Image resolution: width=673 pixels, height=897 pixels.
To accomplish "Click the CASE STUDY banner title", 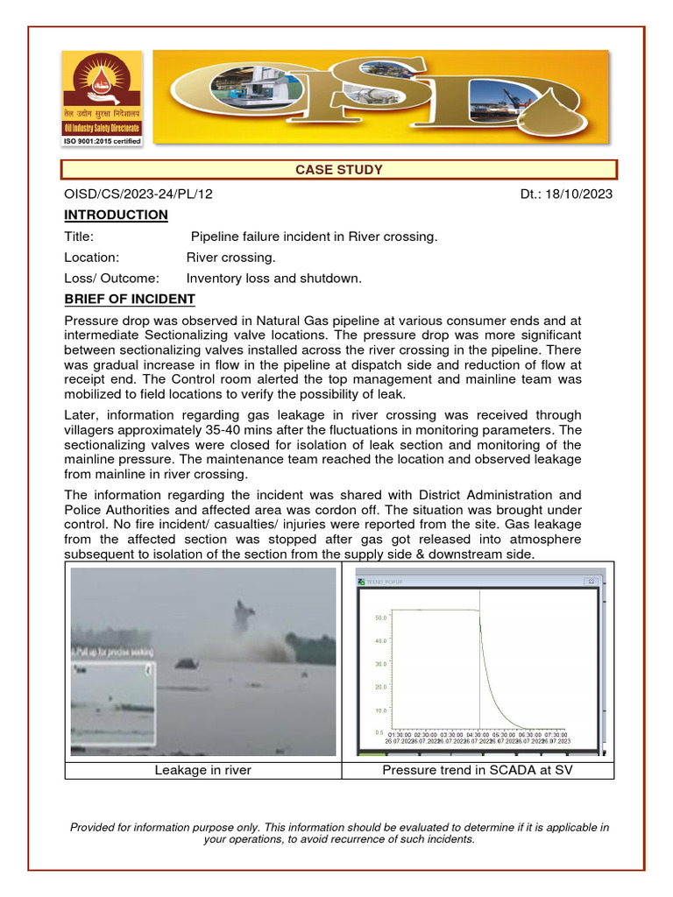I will [x=338, y=170].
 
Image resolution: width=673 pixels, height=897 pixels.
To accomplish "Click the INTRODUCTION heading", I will [x=116, y=215].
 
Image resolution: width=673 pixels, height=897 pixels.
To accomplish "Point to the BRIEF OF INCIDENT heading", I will [x=129, y=300].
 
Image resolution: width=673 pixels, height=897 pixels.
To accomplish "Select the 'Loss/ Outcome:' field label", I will [x=111, y=279].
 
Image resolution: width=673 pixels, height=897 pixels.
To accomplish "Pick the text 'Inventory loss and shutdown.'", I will [x=273, y=279].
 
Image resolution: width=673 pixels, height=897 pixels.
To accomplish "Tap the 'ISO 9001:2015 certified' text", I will [x=105, y=141].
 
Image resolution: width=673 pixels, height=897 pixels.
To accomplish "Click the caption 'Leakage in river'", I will [x=202, y=770].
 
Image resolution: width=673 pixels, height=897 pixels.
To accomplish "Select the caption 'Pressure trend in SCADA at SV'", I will [x=478, y=770].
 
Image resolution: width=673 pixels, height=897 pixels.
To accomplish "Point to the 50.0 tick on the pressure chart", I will [x=380, y=618].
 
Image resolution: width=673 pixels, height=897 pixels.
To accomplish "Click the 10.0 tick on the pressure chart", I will [x=380, y=710].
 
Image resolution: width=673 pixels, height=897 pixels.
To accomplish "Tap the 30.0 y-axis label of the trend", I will [x=380, y=664].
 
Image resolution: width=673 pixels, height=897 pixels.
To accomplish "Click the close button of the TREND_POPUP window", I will [x=592, y=581].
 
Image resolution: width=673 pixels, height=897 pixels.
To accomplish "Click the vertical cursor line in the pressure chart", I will [x=479, y=675].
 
